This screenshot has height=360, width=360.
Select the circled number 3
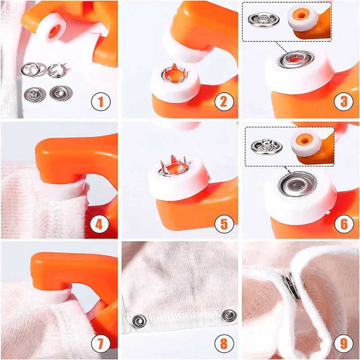pyautogui.click(x=343, y=102)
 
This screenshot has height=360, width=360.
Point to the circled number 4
pyautogui.click(x=101, y=223)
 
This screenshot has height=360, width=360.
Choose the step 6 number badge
pyautogui.click(x=343, y=223)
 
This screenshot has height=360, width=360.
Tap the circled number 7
pyautogui.click(x=101, y=344)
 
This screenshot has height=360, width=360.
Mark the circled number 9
pyautogui.click(x=343, y=344)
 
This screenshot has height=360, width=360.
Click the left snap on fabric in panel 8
pyautogui.click(x=138, y=320)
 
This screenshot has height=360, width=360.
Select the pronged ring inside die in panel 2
pyautogui.click(x=174, y=73)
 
